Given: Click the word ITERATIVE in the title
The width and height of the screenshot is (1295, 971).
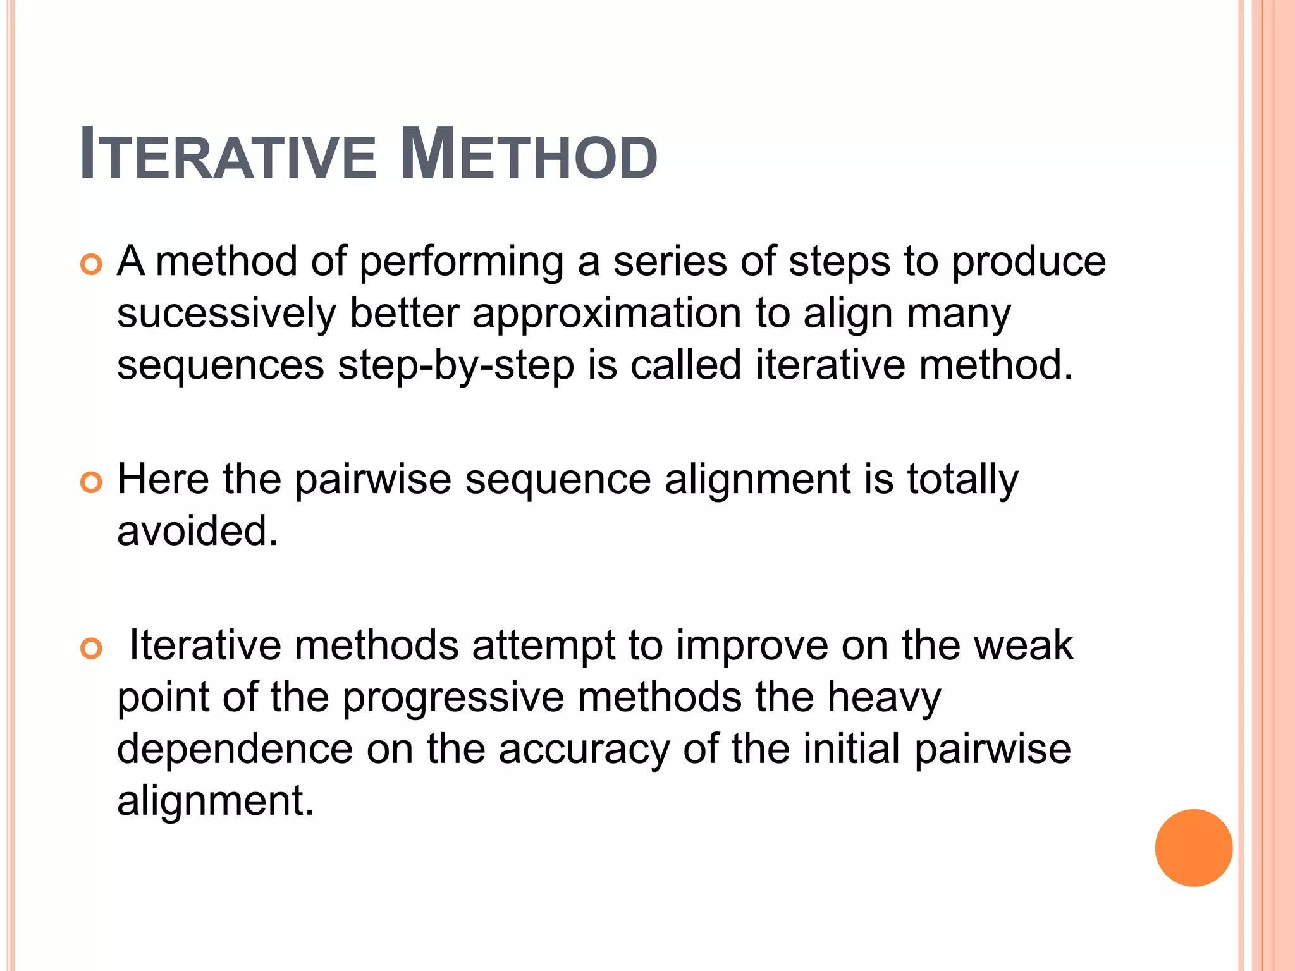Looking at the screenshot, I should click(x=228, y=155).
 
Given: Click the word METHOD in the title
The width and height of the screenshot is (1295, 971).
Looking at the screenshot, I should click(x=529, y=155).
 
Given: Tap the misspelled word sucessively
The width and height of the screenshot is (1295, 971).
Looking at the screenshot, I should click(x=226, y=314).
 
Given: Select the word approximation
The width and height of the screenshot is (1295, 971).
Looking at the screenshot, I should click(x=607, y=314).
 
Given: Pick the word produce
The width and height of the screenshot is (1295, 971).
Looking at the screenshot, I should click(x=1029, y=262).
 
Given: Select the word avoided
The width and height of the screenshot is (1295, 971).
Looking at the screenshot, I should click(x=197, y=531).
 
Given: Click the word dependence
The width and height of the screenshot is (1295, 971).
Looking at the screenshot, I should click(x=235, y=750).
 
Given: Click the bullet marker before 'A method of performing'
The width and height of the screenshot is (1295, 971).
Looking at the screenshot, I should click(x=92, y=264).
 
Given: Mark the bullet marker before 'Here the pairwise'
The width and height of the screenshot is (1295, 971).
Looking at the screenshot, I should click(x=92, y=482).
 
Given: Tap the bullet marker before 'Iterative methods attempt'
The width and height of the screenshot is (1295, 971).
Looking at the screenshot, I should click(x=92, y=649).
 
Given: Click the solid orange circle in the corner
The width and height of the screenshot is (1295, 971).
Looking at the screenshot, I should click(x=1193, y=848).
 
